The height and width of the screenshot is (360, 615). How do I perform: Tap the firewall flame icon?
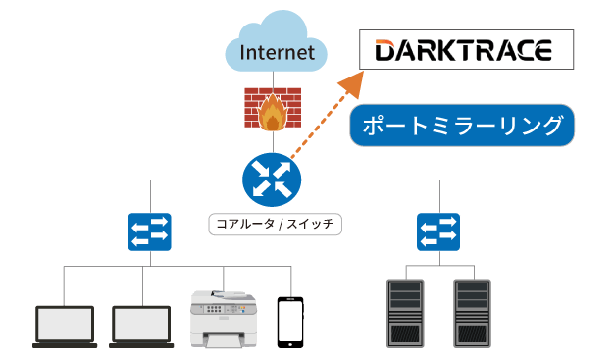[x=271, y=109]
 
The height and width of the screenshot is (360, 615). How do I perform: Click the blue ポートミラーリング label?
[x=462, y=126]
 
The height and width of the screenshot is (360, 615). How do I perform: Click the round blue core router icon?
[x=271, y=178]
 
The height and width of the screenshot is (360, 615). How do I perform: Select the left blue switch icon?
[x=150, y=231]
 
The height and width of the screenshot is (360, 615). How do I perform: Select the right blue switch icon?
[x=437, y=231]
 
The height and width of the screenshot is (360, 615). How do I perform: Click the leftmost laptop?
[x=65, y=325]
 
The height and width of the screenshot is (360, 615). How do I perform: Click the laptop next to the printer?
[x=141, y=325]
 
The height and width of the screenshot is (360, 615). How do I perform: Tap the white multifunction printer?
[x=225, y=316]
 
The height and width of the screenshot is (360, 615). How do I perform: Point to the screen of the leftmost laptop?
[x=65, y=320]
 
